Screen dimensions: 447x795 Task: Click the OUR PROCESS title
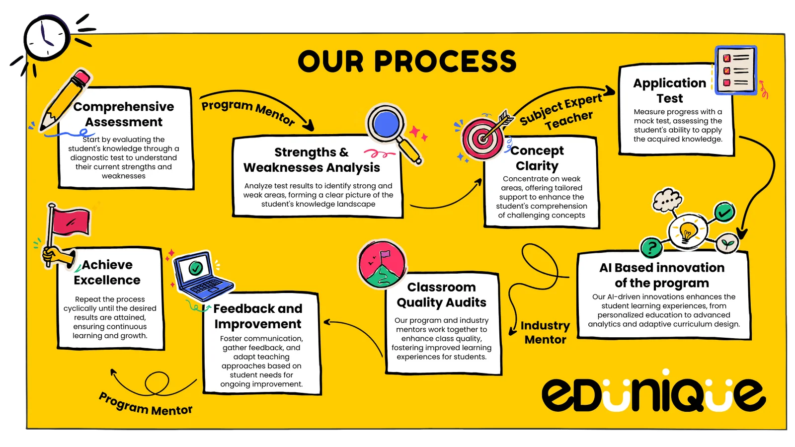click(407, 62)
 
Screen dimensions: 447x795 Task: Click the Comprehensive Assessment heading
click(124, 114)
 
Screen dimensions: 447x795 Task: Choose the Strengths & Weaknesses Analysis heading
click(312, 160)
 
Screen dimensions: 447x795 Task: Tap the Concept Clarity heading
click(537, 158)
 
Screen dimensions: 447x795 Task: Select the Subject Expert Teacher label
click(561, 112)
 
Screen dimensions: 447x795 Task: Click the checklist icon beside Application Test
click(735, 71)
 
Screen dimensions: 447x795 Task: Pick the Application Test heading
click(669, 90)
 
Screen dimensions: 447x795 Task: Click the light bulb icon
click(688, 230)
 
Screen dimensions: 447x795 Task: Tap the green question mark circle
click(651, 247)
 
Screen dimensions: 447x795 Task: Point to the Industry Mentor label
click(545, 332)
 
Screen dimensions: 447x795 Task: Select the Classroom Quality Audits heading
click(441, 295)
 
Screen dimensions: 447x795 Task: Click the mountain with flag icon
click(382, 265)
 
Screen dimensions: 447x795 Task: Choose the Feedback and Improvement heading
click(258, 316)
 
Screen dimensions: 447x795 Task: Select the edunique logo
click(653, 394)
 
